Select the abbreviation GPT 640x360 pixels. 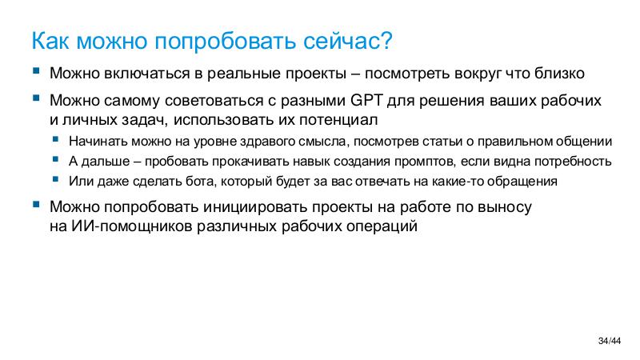[x=366, y=102]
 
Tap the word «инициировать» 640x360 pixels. [x=246, y=207]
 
